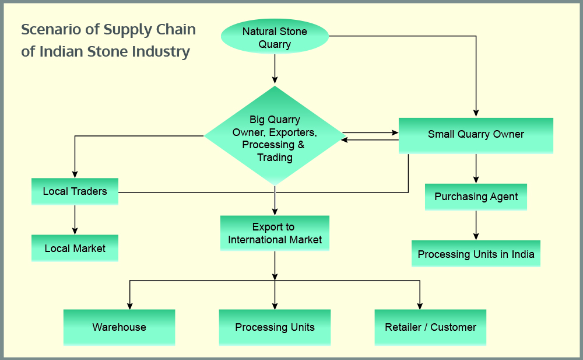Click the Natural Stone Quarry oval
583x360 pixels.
275,37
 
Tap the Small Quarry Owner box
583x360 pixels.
476,135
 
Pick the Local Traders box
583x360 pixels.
75,191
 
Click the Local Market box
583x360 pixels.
75,248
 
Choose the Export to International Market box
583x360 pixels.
275,233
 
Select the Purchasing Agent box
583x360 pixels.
476,197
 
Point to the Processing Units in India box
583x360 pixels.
476,254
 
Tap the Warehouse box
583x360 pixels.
119,327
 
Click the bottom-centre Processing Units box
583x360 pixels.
275,327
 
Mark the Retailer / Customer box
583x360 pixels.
430,327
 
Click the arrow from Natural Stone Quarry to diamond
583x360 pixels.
275,69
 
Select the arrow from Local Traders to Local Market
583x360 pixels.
75,219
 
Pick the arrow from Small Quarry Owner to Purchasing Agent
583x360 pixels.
476,168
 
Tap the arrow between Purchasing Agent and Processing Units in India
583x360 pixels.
476,225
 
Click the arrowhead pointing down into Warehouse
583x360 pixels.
129,305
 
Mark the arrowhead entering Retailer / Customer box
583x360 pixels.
420,305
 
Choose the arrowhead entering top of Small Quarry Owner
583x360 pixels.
476,113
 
